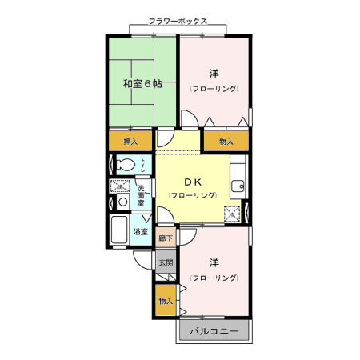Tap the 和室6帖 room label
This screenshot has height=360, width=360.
[142, 83]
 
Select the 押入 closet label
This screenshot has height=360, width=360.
[130, 142]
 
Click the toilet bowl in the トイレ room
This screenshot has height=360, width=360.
[124, 166]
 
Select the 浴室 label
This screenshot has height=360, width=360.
[141, 232]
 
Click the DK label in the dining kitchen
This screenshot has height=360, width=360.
[192, 181]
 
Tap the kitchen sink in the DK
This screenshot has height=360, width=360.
[236, 187]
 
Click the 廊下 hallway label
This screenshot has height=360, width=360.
[166, 238]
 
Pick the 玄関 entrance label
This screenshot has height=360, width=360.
[166, 262]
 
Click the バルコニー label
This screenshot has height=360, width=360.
[214, 330]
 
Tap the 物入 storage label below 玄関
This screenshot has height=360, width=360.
[166, 301]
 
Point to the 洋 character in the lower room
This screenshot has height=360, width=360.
[214, 263]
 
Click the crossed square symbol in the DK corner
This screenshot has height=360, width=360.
[232, 214]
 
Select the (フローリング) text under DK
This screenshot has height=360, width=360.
[192, 196]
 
